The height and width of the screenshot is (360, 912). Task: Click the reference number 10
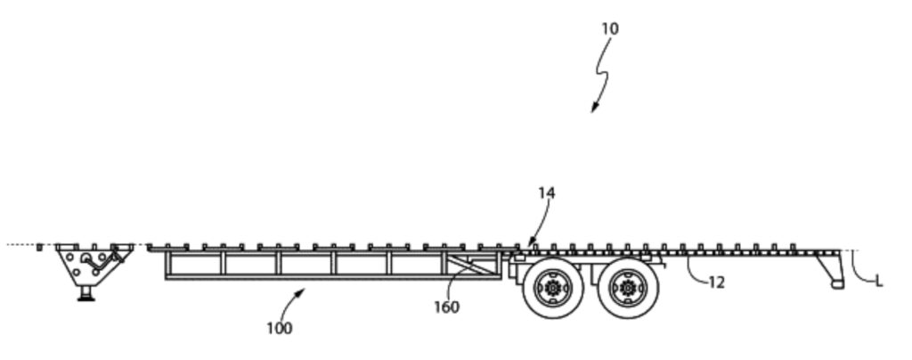pos(609,29)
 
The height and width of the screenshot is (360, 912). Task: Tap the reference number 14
pos(546,192)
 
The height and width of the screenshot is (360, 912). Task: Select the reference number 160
pos(446,307)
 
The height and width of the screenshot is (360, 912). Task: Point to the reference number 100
pos(279,328)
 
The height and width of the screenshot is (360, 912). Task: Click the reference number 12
pos(716,282)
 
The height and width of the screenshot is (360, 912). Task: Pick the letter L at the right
pos(879,282)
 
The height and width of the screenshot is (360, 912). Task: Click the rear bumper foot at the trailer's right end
pos(836,283)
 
